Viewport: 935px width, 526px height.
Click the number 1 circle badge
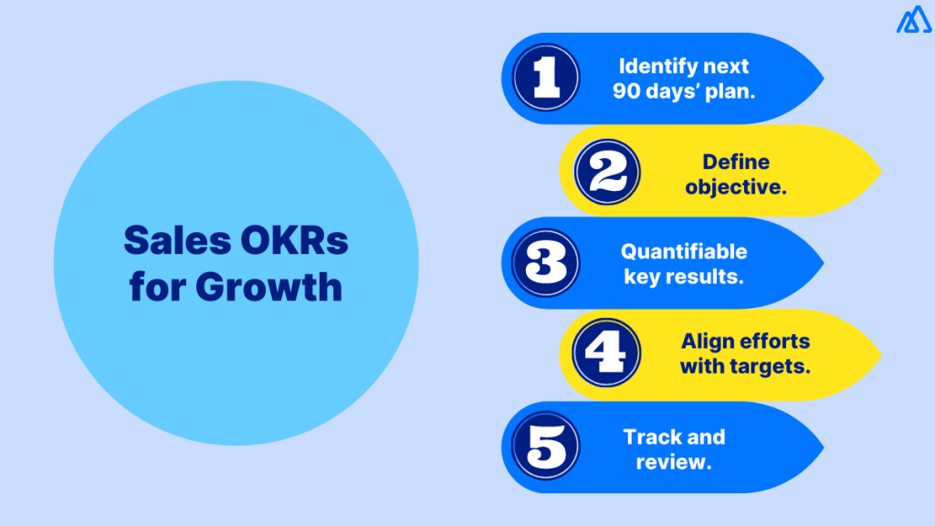tap(546, 79)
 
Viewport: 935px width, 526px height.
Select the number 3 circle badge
tap(546, 263)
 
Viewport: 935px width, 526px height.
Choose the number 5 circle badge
tap(546, 447)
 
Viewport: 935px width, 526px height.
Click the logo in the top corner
tap(912, 20)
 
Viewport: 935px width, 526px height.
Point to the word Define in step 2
tap(735, 162)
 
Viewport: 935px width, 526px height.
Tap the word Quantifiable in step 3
tap(684, 251)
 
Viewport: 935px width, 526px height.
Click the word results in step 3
tap(710, 275)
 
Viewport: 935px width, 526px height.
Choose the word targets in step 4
tap(772, 366)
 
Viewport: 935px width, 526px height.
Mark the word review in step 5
tap(674, 461)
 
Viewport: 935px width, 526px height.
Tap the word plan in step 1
tap(732, 91)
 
